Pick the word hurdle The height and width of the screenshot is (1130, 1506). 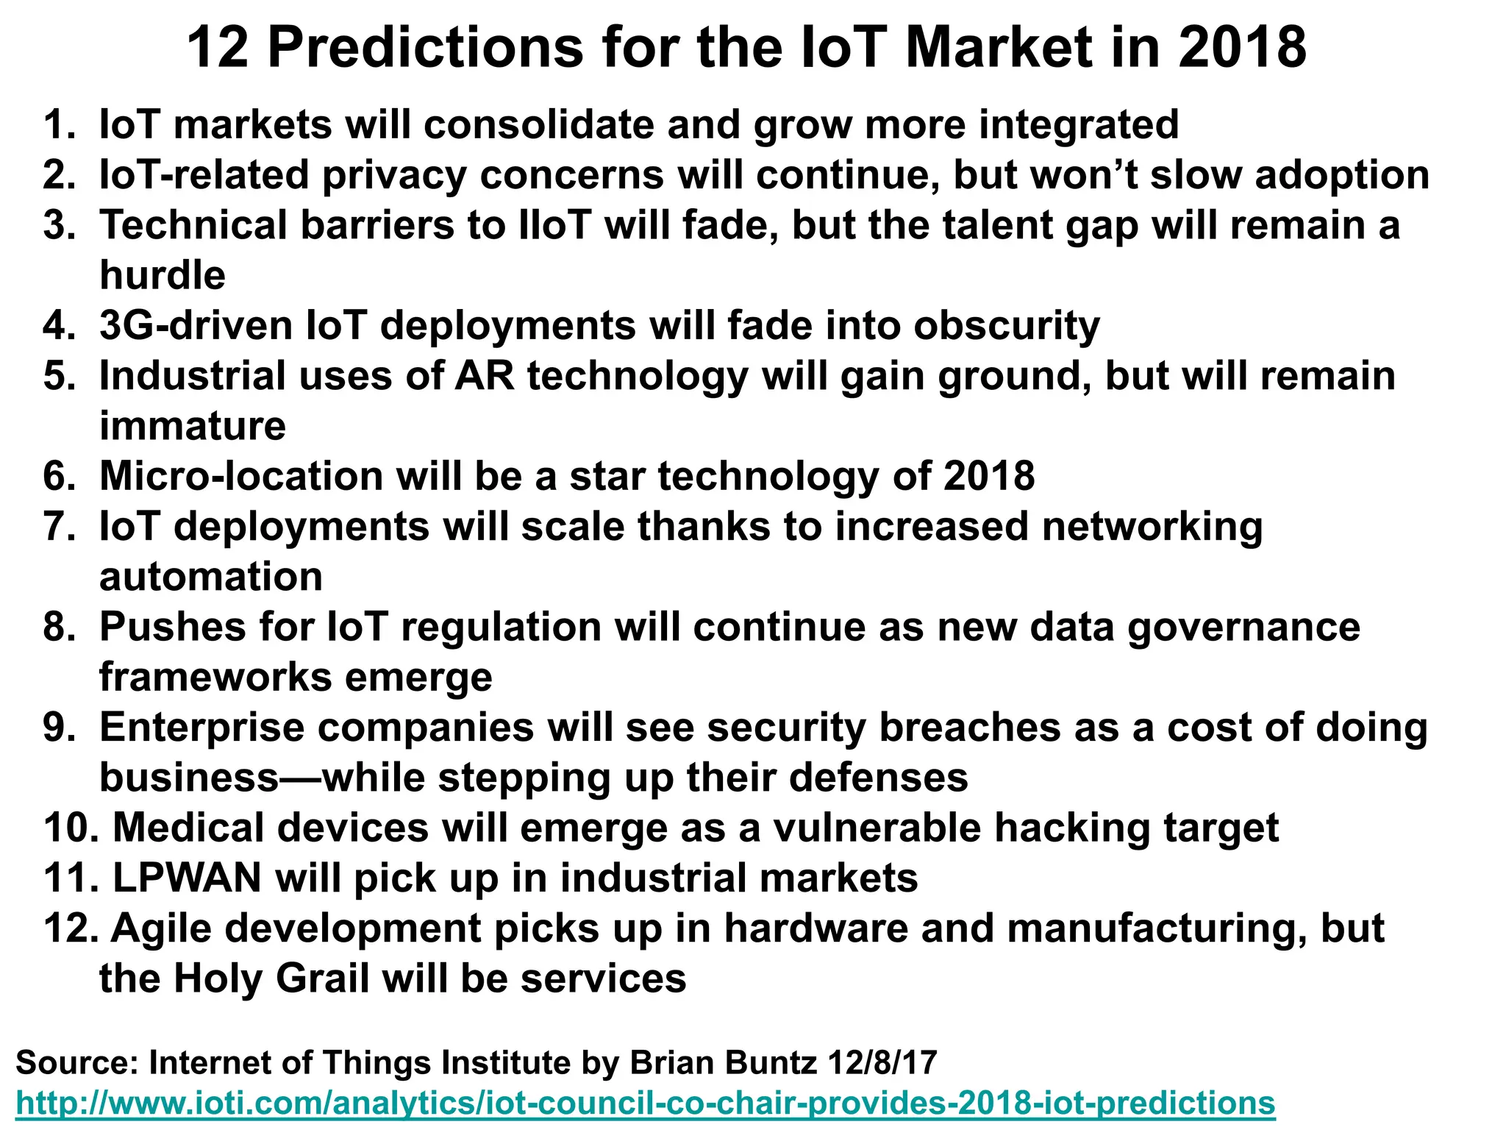[x=163, y=275]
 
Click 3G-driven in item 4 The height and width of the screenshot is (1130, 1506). [x=196, y=325]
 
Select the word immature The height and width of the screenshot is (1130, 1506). [x=193, y=426]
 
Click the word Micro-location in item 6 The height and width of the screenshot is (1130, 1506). [x=241, y=476]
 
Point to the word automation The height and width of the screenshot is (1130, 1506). [x=211, y=577]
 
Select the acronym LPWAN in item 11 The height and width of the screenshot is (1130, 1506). [x=187, y=878]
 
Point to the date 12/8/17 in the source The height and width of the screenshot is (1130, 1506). [x=882, y=1063]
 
